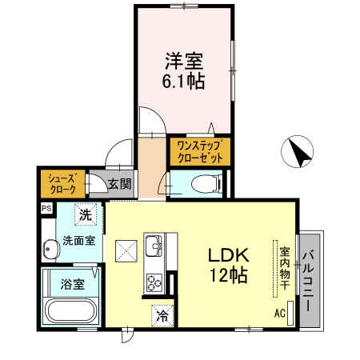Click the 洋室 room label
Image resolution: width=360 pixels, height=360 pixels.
(184, 60)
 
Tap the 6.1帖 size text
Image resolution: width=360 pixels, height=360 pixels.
(184, 81)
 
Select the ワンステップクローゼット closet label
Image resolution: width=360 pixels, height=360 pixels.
(200, 151)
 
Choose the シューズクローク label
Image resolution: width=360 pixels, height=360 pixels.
(62, 184)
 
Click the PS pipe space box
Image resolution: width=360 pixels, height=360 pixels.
(46, 209)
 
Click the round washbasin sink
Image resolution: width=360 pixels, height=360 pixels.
(50, 250)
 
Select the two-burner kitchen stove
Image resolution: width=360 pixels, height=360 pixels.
(154, 281)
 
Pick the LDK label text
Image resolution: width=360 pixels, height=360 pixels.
(230, 256)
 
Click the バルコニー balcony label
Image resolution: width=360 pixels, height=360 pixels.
(308, 280)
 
